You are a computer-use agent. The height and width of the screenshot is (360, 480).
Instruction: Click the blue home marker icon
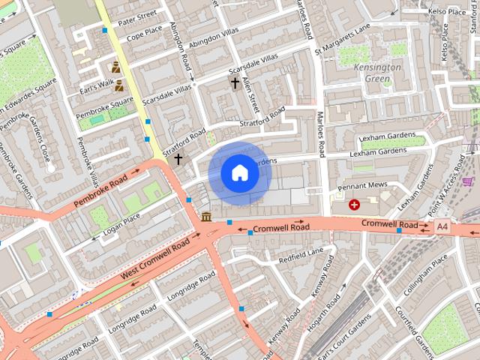point(240,173)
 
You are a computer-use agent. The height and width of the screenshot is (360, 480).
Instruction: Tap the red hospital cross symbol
point(354,204)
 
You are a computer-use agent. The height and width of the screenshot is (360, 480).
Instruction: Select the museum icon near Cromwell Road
point(206,217)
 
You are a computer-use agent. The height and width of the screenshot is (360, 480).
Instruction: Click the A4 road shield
point(443,225)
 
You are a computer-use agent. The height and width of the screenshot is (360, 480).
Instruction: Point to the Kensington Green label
point(377,73)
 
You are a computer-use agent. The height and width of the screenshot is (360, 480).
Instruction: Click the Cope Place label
point(144,35)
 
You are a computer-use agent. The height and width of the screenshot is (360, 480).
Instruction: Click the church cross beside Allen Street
point(235,82)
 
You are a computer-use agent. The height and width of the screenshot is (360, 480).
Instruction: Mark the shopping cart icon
point(469,181)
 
